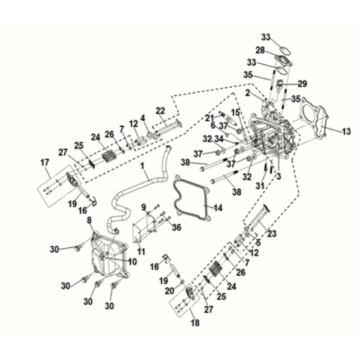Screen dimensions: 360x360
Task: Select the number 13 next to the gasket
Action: click(x=347, y=132)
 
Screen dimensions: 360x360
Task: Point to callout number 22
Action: click(x=160, y=110)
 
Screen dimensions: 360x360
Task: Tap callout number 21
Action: click(x=209, y=118)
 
